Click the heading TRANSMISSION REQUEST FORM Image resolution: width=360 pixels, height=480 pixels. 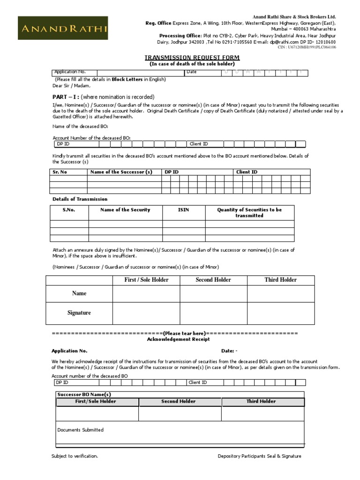point(192,57)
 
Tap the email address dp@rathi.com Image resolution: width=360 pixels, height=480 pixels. point(281,42)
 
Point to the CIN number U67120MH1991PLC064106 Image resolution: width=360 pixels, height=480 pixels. point(313,47)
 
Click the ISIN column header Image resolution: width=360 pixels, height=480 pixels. point(183,210)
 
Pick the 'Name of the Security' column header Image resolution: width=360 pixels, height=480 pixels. point(125,210)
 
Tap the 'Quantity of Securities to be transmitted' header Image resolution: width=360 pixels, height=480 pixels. point(249,213)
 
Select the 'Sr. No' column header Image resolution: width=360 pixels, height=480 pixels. point(60,172)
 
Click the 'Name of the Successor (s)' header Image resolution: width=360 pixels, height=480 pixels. point(121,172)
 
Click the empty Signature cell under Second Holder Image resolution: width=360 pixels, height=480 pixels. point(213,313)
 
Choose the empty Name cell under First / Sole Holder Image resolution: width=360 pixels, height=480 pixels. point(146,293)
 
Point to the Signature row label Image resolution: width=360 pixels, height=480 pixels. point(79,313)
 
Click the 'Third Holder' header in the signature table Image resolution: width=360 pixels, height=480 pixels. point(280,280)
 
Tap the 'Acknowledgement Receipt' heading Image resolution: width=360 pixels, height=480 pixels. point(179,339)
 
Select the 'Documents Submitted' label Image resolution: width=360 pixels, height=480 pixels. point(80,430)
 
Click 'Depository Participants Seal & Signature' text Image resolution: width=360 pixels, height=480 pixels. point(259,456)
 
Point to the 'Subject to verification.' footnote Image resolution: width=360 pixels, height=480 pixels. point(75,456)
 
